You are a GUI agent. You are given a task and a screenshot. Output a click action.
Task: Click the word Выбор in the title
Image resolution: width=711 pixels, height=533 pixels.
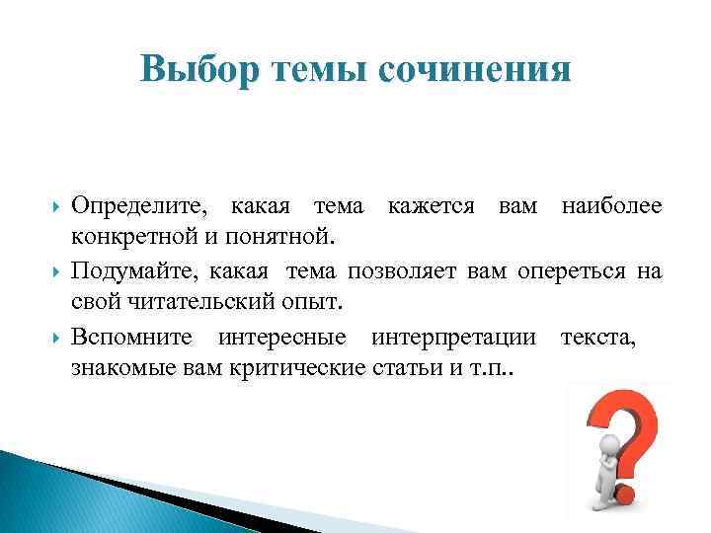pos(197,70)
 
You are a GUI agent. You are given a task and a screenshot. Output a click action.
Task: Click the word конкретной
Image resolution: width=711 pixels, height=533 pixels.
pos(123,238)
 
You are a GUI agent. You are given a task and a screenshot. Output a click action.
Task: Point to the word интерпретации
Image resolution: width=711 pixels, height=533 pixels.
pos(455,337)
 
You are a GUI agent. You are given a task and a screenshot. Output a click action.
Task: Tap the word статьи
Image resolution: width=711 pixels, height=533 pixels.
pos(401,369)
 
